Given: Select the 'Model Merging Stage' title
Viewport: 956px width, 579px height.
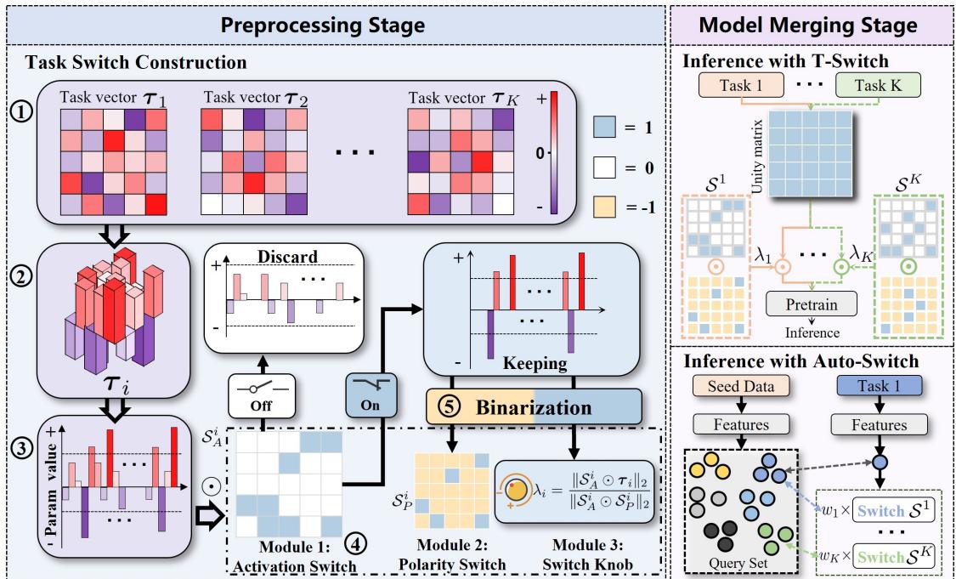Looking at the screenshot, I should point(814,26).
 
